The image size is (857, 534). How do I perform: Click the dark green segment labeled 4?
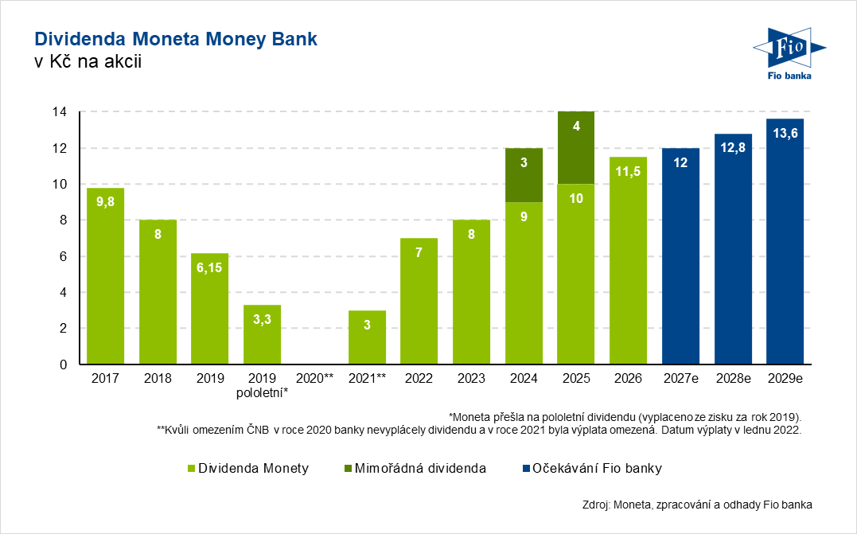point(576,148)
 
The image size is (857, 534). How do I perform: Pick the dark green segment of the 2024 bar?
point(524,175)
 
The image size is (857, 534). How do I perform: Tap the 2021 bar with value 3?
point(367,337)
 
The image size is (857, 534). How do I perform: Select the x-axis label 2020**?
point(314,380)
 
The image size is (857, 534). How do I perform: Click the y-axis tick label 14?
point(59,112)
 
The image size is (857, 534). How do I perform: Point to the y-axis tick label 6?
point(63,256)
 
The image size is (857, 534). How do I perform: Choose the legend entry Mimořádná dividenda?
point(419,468)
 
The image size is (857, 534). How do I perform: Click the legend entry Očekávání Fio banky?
point(597,468)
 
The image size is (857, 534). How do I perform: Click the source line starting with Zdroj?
point(691,504)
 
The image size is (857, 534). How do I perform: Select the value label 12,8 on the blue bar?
point(733,146)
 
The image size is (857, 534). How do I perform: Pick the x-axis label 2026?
point(628,380)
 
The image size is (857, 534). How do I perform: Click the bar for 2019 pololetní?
point(262,334)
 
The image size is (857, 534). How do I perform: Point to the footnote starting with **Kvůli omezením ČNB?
point(478,430)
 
